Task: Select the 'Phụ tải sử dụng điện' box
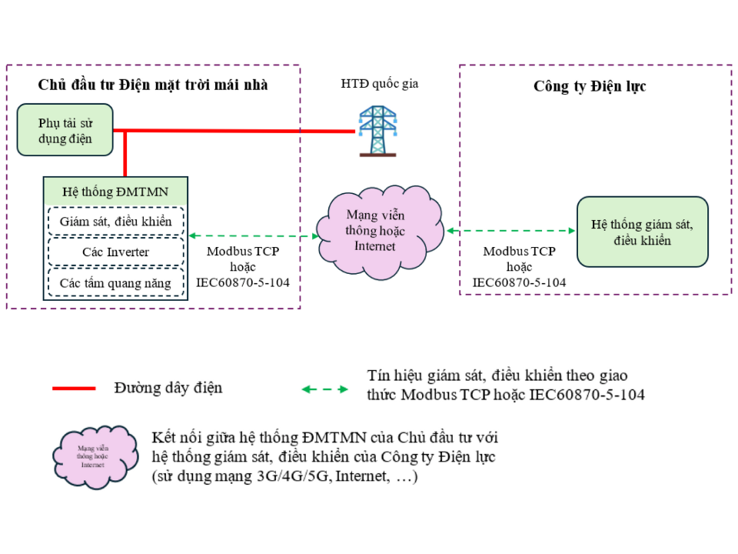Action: point(65,131)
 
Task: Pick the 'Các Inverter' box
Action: point(116,252)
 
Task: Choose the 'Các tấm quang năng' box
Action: point(116,282)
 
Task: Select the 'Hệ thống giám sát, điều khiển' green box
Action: point(642,232)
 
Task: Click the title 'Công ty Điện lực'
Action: point(590,87)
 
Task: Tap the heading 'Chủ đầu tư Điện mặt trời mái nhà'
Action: point(153,85)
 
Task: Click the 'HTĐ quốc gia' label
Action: point(380,84)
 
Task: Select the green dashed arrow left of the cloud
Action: point(254,235)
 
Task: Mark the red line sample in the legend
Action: point(74,389)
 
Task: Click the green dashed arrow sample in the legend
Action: point(324,389)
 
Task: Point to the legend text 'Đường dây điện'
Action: point(168,388)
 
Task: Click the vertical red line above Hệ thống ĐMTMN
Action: point(125,154)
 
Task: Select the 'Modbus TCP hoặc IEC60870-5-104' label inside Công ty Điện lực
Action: point(519,266)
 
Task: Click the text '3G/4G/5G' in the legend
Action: point(294,477)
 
